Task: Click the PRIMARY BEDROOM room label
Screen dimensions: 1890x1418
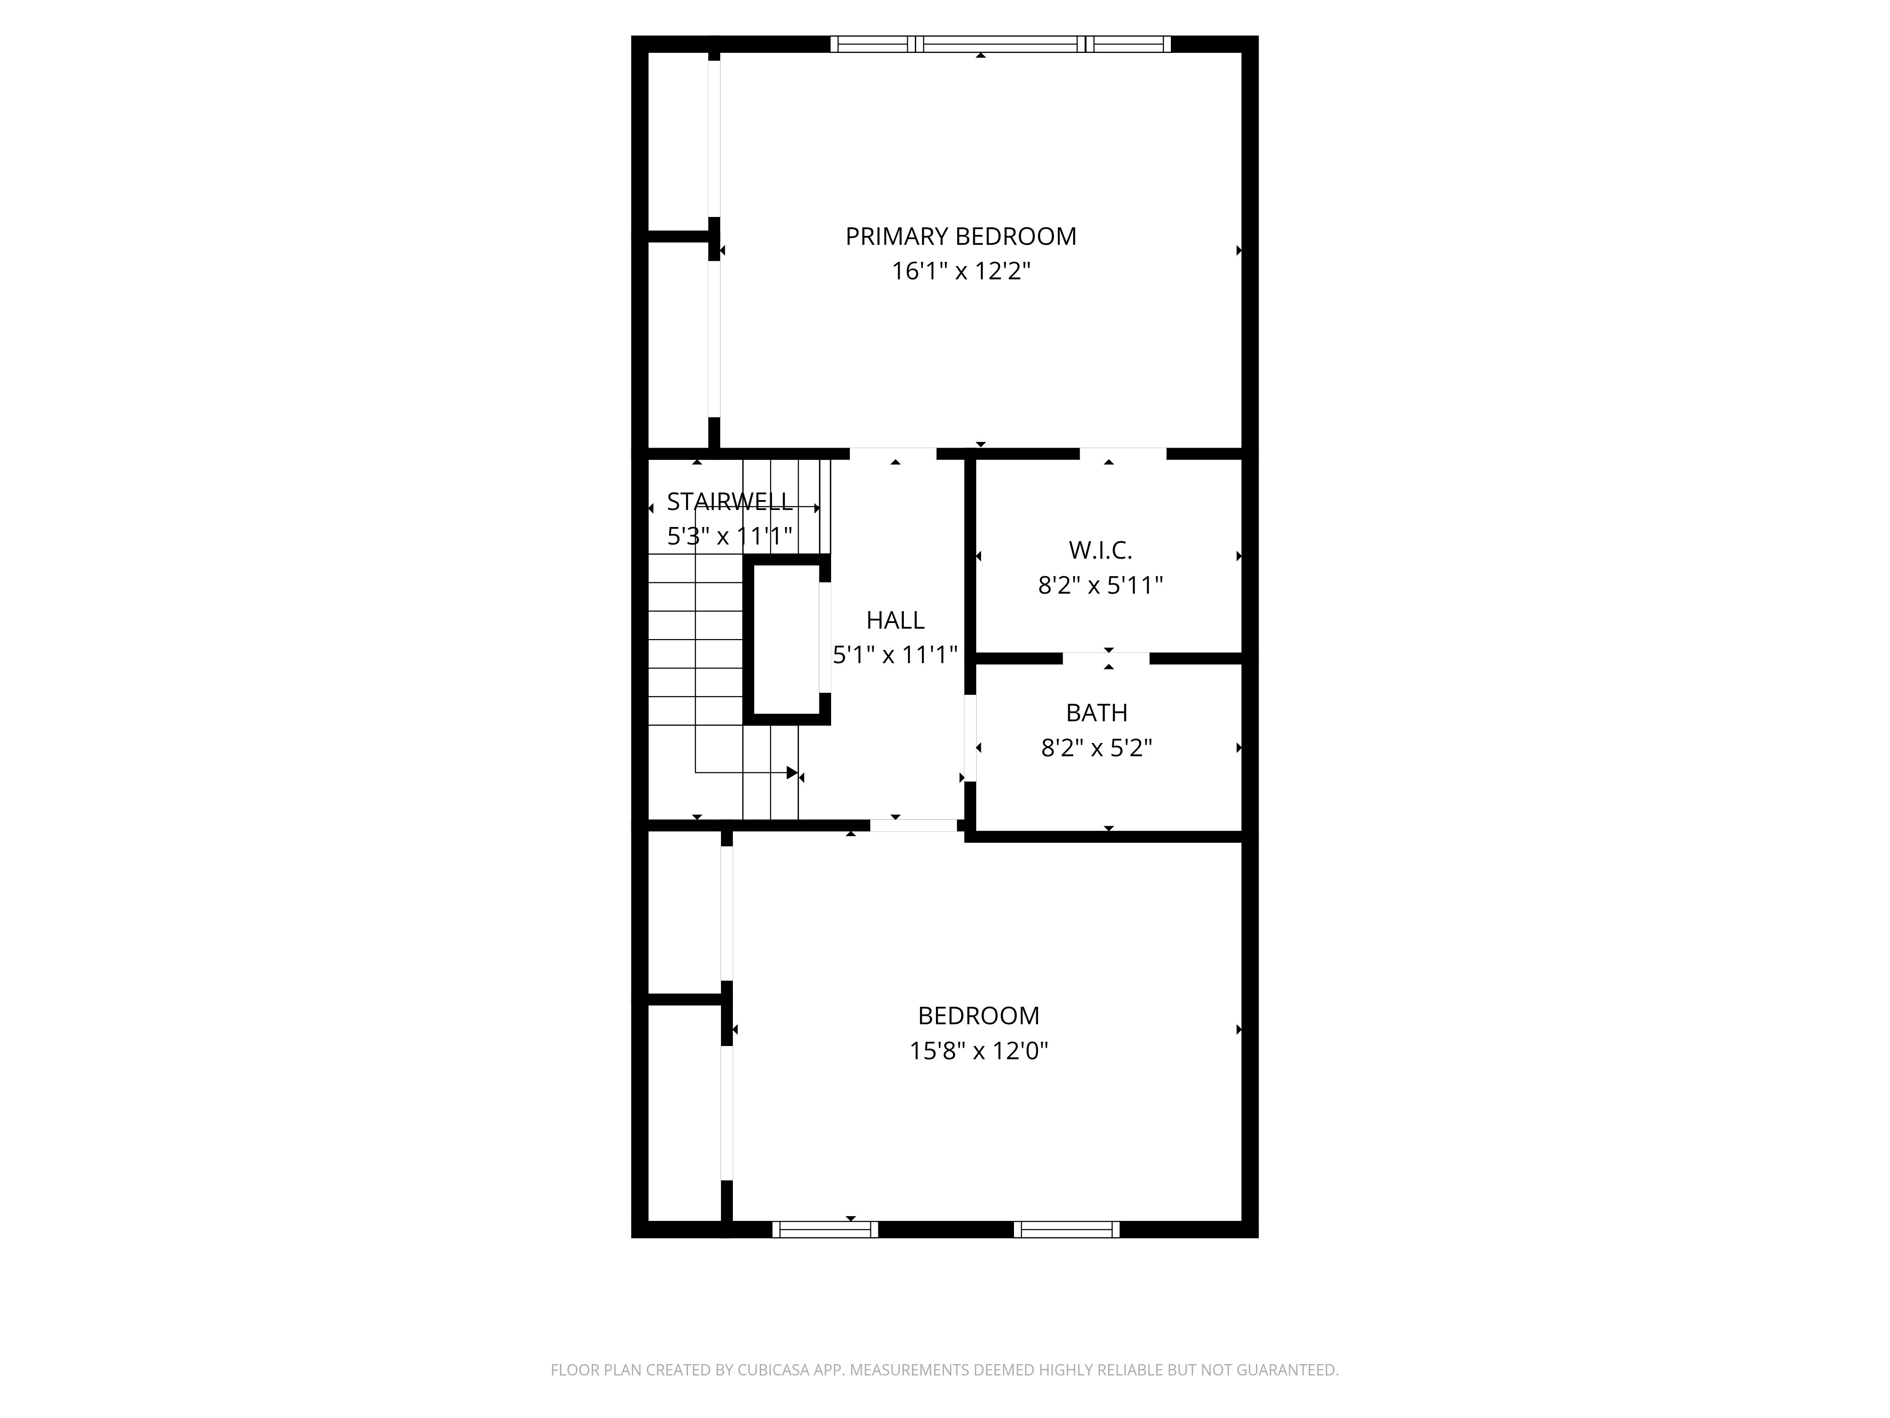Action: pyautogui.click(x=961, y=237)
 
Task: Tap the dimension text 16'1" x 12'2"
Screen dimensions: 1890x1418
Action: pyautogui.click(x=961, y=272)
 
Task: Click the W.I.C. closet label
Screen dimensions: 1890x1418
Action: pyautogui.click(x=1100, y=551)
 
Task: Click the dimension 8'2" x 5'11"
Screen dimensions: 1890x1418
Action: pyautogui.click(x=1100, y=586)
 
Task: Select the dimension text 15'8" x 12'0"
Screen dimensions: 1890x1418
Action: pyautogui.click(x=979, y=1050)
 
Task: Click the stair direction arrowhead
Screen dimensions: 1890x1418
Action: pyautogui.click(x=792, y=773)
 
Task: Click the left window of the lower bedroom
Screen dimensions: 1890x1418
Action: pyautogui.click(x=825, y=1229)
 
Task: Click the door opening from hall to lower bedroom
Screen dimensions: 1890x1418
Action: pyautogui.click(x=913, y=826)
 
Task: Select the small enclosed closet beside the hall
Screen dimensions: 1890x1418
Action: pyautogui.click(x=787, y=640)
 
